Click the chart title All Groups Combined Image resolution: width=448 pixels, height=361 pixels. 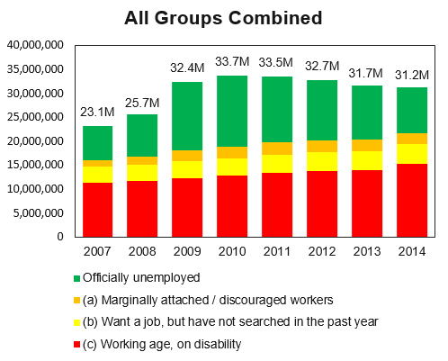click(223, 17)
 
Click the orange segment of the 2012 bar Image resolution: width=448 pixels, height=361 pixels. click(322, 146)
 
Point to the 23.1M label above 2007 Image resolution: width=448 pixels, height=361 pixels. click(98, 113)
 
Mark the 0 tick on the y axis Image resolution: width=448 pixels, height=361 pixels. click(58, 237)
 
